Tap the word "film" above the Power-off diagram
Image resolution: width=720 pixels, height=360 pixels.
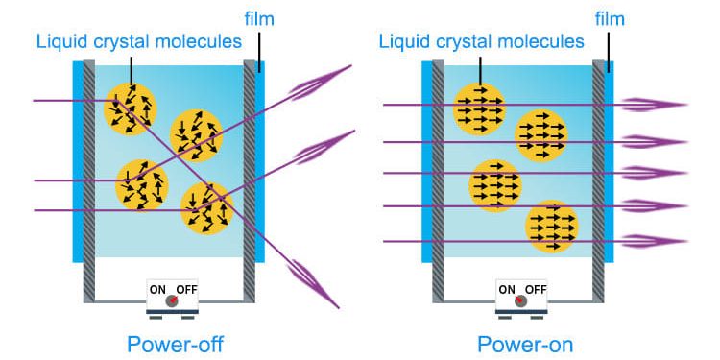click(259, 18)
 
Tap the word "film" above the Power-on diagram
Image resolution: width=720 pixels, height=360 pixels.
click(609, 18)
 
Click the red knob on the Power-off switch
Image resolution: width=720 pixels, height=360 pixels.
click(172, 301)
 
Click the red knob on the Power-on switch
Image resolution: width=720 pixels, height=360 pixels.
click(521, 301)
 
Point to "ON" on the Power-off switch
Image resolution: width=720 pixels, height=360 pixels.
click(157, 288)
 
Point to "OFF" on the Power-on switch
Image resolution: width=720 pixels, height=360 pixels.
click(536, 288)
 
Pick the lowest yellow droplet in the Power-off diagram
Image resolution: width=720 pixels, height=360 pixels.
click(206, 208)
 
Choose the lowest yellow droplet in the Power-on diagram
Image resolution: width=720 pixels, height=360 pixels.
click(552, 227)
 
